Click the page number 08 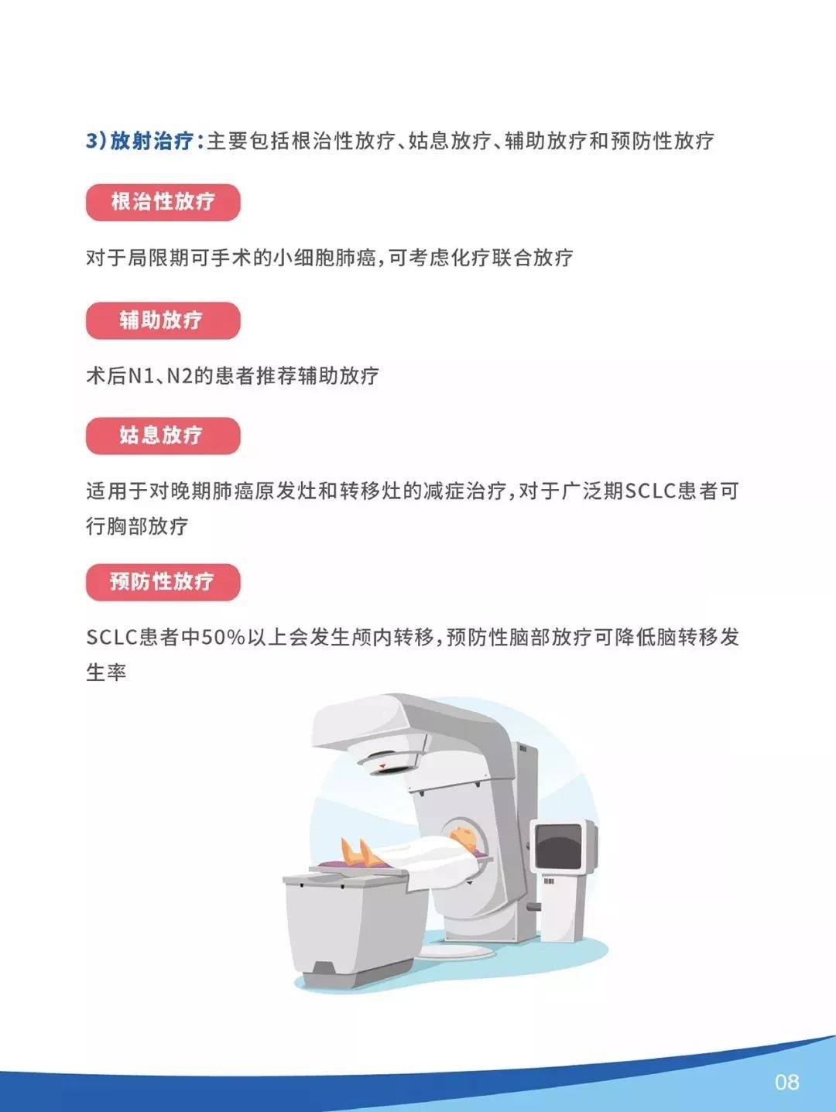pos(786,1082)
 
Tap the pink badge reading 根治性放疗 pos(163,202)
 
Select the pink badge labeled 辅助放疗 pos(163,320)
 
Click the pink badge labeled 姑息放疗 pos(163,436)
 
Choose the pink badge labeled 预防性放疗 pos(163,582)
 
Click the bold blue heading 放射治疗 pos(151,141)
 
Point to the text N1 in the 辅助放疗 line pos(141,376)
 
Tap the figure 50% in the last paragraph pos(223,638)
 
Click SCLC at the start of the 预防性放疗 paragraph pos(111,638)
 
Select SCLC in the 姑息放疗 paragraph pos(650,491)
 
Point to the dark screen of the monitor pos(558,846)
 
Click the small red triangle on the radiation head pos(382,766)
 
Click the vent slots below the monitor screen pos(549,881)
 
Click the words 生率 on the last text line pos(106,672)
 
